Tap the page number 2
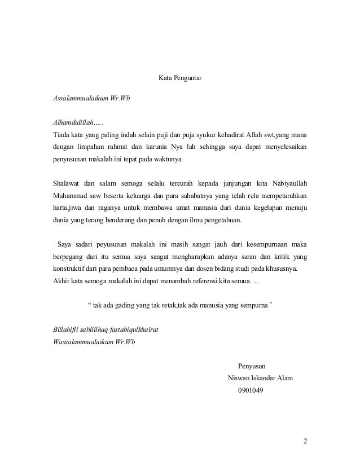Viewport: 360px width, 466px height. tap(305, 441)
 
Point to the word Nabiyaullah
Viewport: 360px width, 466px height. tap(284, 183)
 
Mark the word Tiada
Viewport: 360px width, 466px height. tap(60, 135)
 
